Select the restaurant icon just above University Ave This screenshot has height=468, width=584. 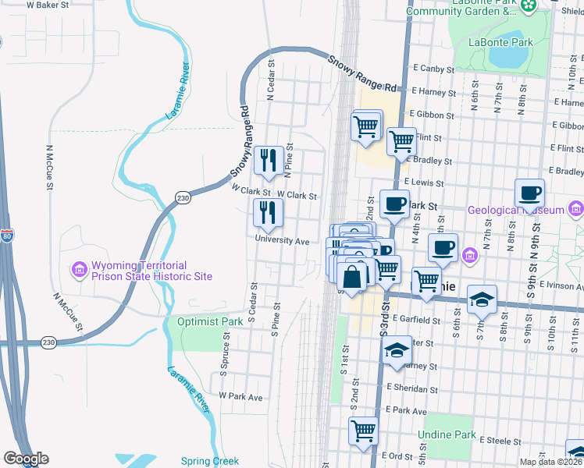[x=268, y=211]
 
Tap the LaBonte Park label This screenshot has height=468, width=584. [x=502, y=41]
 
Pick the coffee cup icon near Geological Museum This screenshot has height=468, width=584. [x=529, y=193]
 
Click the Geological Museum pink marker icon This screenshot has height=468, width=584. [x=576, y=209]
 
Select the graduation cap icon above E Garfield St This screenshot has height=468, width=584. [x=482, y=299]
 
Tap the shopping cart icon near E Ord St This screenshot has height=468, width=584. [x=363, y=430]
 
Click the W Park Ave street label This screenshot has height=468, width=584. [x=241, y=397]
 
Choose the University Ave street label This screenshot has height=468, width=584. [x=281, y=241]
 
